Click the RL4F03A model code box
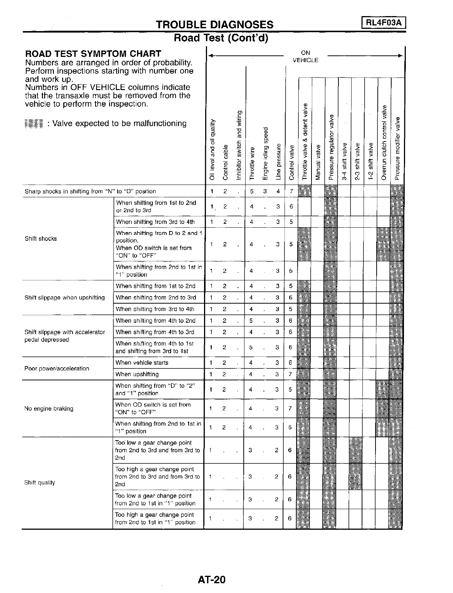click(x=384, y=23)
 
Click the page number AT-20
click(x=212, y=580)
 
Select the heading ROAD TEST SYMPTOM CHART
click(x=93, y=54)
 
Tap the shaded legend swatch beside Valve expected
click(x=34, y=124)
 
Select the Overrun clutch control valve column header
click(x=383, y=142)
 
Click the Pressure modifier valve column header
click(x=397, y=148)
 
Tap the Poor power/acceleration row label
click(x=57, y=368)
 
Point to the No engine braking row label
click(x=49, y=408)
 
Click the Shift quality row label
click(x=40, y=483)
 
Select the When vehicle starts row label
click(x=142, y=363)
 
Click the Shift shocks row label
click(x=41, y=238)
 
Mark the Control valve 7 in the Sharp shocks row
click(x=291, y=191)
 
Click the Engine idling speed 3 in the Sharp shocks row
click(x=265, y=191)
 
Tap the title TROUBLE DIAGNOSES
click(x=215, y=25)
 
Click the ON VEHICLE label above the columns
click(x=305, y=57)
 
